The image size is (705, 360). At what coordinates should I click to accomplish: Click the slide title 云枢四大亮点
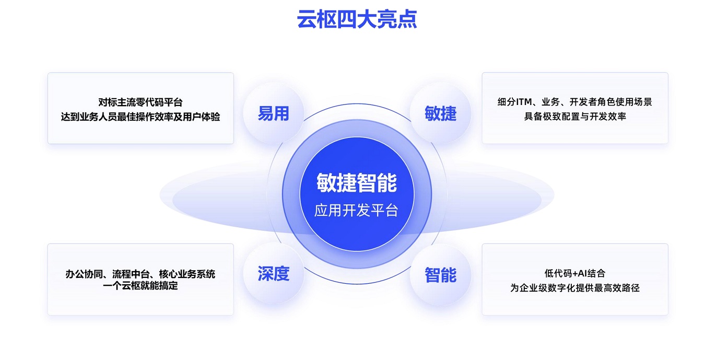[357, 19]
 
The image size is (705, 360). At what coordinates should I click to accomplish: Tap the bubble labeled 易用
[274, 113]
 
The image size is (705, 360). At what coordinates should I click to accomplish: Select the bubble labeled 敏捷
[440, 113]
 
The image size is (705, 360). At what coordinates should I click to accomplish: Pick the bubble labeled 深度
[274, 274]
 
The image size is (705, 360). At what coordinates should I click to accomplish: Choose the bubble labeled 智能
[440, 275]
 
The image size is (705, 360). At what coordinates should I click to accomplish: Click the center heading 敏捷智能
[357, 183]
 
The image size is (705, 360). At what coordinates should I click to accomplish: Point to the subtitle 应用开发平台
[356, 211]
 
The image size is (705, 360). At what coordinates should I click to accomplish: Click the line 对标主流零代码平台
[140, 102]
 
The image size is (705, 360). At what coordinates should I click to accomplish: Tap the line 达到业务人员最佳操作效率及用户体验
[140, 117]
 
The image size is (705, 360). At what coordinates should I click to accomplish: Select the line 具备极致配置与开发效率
[575, 117]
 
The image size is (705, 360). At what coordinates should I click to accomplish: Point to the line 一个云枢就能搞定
[140, 286]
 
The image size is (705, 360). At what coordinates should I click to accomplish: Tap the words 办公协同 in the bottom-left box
[84, 274]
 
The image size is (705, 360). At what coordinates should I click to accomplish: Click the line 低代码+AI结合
[574, 273]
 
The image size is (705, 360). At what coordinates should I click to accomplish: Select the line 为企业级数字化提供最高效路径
[574, 287]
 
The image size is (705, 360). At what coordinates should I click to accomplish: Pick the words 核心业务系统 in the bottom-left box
[187, 274]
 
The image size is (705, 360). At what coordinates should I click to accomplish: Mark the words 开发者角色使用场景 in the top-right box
[610, 102]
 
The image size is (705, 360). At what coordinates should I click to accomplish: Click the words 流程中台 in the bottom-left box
[131, 274]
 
